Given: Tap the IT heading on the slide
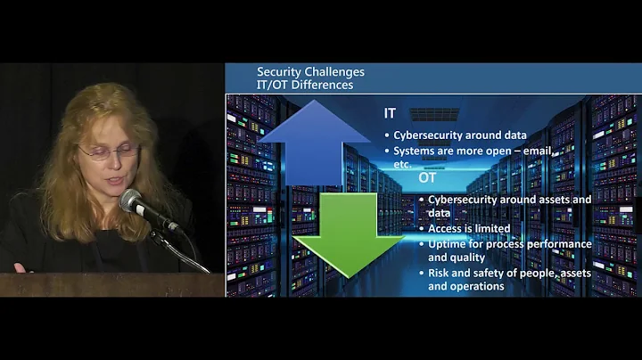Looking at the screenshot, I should pos(391,114).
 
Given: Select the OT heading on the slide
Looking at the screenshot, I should pos(428,178).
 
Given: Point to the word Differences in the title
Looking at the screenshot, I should pos(323,85).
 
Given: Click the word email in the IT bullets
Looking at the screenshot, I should pos(536,151).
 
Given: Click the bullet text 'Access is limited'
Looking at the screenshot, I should pos(469,228).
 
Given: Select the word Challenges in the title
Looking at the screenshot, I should pos(336,71).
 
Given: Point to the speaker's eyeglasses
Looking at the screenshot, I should pos(108,152).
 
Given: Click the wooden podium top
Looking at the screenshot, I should pos(107,283).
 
